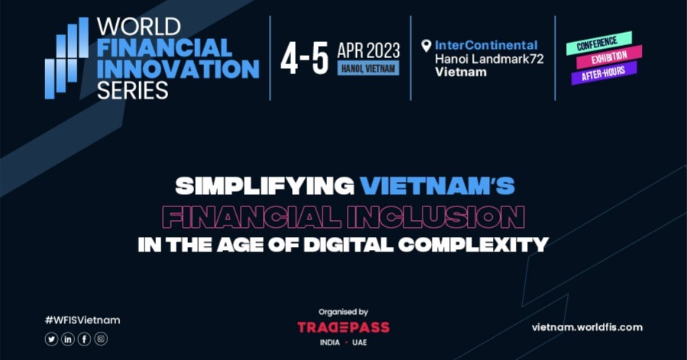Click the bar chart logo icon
coord(66,59)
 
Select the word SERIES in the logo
coord(132,90)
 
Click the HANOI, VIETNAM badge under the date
coord(368,69)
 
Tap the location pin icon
coord(426,46)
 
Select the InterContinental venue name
coord(486,45)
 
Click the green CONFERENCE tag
coord(598,43)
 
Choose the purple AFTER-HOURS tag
coord(604,73)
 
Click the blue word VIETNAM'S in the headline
coord(437,185)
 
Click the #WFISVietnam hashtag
coord(82,320)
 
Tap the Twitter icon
coord(51,339)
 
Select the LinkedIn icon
coord(68,339)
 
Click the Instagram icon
coord(101,339)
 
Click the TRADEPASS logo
coord(343,327)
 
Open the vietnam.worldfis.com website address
coord(587,327)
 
